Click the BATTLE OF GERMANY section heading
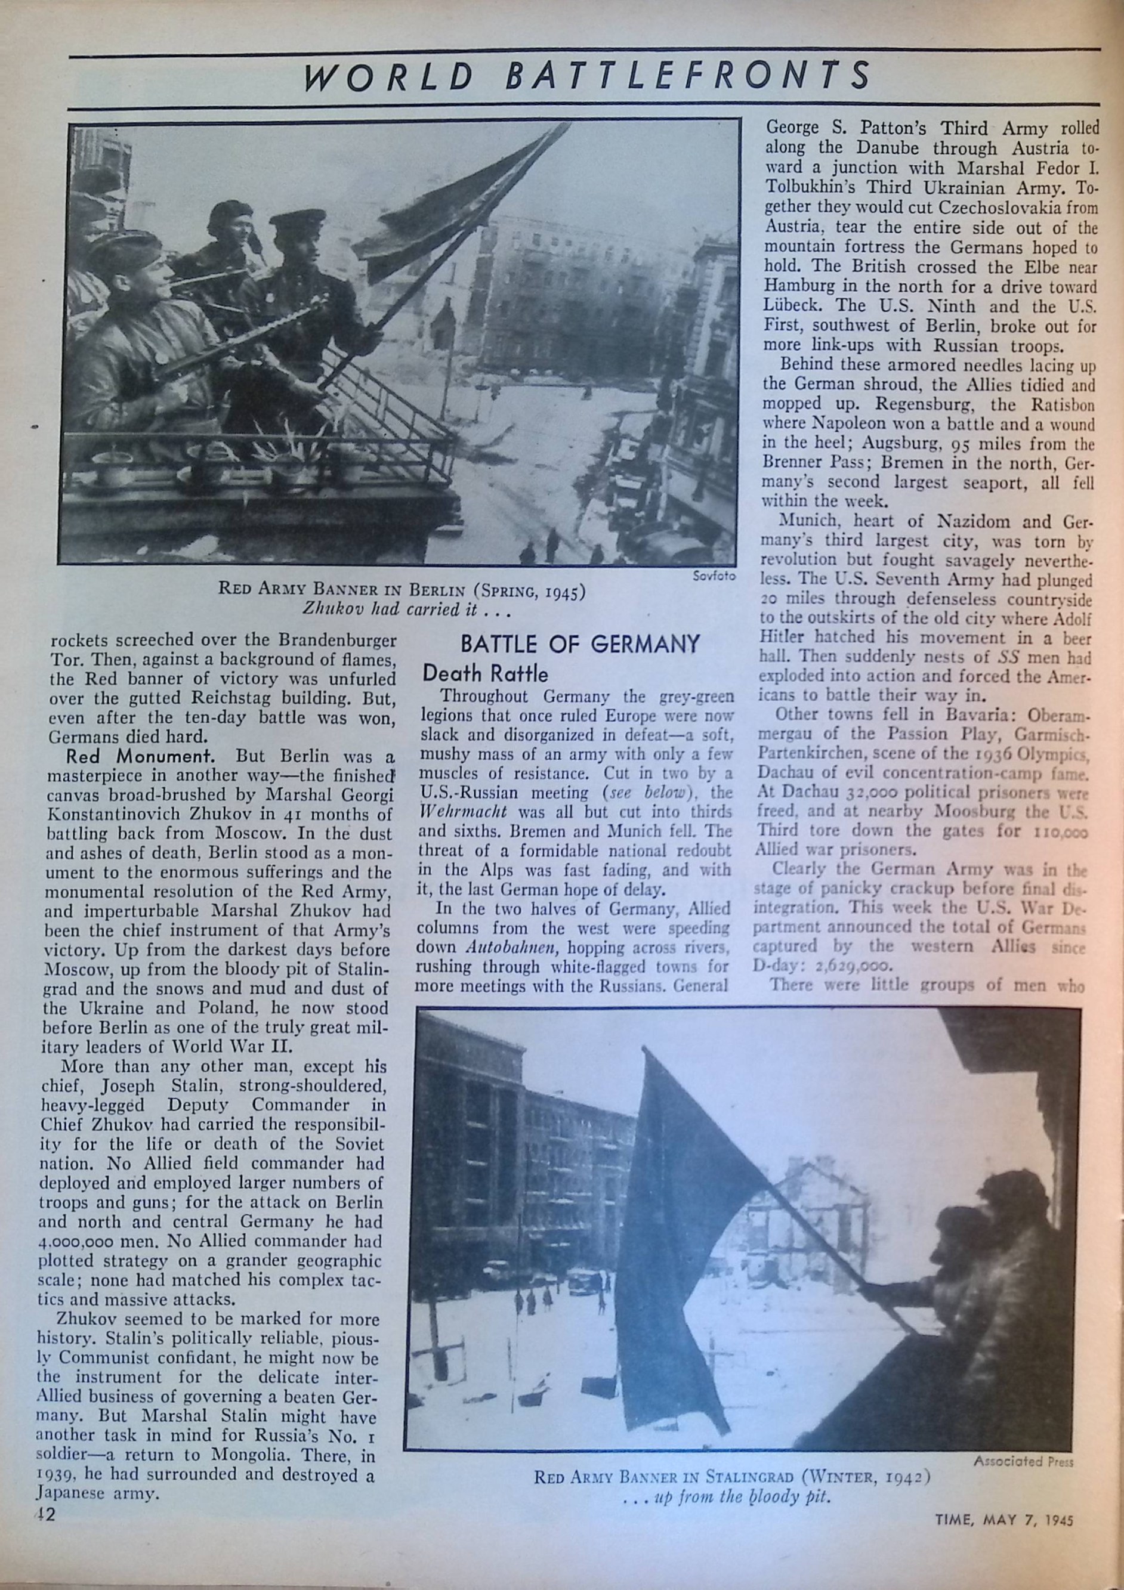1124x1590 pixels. click(x=580, y=644)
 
